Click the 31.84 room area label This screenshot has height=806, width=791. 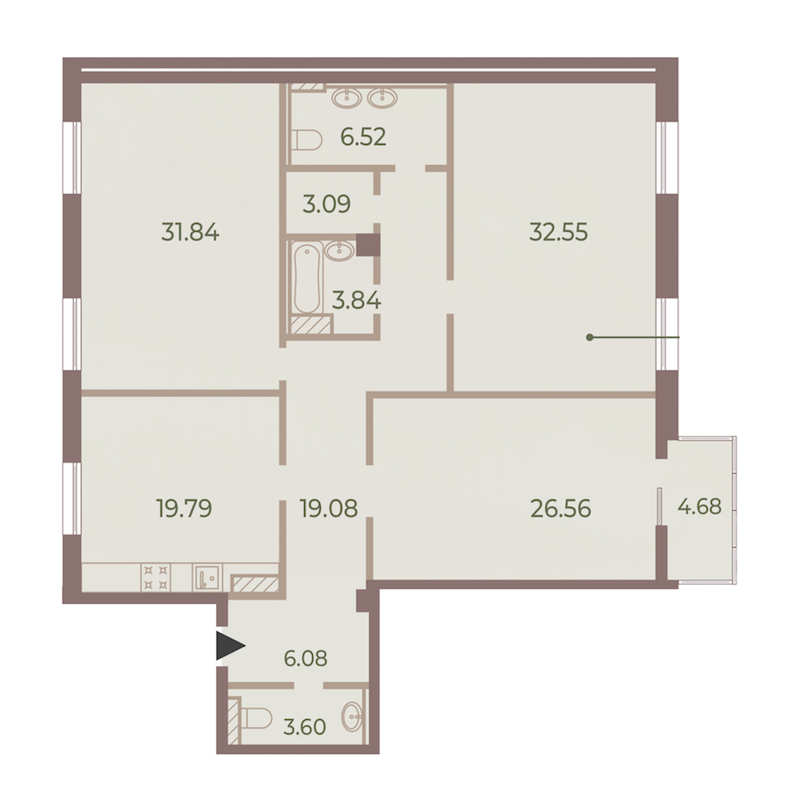click(x=191, y=233)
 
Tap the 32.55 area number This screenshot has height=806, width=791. click(x=558, y=233)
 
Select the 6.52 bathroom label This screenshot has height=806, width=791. click(x=363, y=137)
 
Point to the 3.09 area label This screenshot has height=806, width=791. click(x=327, y=204)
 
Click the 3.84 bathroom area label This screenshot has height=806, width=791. click(x=357, y=300)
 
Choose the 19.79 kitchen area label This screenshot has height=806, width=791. click(x=184, y=508)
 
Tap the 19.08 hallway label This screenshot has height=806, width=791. click(x=329, y=508)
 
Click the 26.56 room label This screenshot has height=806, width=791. click(x=561, y=508)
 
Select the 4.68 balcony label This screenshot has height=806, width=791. click(x=700, y=507)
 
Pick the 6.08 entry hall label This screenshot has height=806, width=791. click(x=306, y=658)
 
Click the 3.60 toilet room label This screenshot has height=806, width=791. click(x=305, y=727)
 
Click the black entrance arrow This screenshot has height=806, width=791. click(x=230, y=646)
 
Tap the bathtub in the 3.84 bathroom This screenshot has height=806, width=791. click(x=307, y=278)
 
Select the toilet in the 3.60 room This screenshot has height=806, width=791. click(x=257, y=717)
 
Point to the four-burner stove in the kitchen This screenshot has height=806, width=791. click(x=156, y=577)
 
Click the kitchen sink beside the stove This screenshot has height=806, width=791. click(x=207, y=578)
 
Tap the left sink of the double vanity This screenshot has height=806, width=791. click(x=347, y=97)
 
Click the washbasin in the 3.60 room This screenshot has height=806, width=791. click(x=352, y=716)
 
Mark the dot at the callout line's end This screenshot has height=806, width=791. click(x=589, y=338)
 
